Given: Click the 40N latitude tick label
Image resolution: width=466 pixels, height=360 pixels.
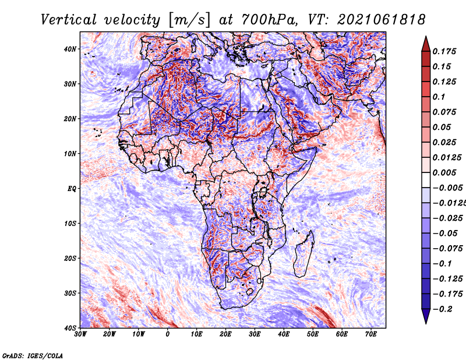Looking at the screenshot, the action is click(x=70, y=49).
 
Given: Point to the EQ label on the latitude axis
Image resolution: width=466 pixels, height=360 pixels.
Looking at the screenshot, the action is click(x=72, y=189).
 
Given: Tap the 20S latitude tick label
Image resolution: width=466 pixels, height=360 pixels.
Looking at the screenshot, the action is click(x=70, y=258).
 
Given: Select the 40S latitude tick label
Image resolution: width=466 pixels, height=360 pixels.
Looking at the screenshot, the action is click(x=70, y=328).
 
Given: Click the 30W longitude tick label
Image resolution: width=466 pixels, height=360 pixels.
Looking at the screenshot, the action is click(x=80, y=334).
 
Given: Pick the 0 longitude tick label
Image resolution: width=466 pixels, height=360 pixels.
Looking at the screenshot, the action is click(x=168, y=334).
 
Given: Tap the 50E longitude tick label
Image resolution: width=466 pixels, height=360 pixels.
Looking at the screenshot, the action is click(x=313, y=334).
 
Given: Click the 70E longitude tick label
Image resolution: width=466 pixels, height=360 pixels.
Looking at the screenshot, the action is click(x=371, y=334).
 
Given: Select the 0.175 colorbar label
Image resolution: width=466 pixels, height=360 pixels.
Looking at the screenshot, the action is click(x=444, y=51).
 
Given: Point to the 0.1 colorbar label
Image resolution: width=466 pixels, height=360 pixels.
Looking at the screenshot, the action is click(x=439, y=97).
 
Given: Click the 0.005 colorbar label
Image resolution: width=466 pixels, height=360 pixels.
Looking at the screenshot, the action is click(x=444, y=172).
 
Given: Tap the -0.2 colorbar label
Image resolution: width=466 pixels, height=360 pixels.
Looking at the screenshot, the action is click(x=442, y=309).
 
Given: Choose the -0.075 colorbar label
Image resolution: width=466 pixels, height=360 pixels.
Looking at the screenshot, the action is click(x=448, y=249).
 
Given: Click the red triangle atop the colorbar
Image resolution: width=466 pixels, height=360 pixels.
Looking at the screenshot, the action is click(x=426, y=44).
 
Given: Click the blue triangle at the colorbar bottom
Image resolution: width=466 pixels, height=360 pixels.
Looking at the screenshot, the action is click(x=426, y=316).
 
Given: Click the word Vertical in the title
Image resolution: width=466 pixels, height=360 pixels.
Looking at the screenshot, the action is click(x=69, y=20).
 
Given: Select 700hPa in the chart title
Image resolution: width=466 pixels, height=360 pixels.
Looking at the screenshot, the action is click(x=270, y=20).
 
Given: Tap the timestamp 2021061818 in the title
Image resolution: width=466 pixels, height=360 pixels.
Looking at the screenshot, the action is click(x=382, y=20).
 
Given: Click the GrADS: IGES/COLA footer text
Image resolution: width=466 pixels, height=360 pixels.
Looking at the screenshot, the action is click(x=33, y=355).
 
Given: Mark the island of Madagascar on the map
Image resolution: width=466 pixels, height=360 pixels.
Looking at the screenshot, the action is click(x=303, y=254).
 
